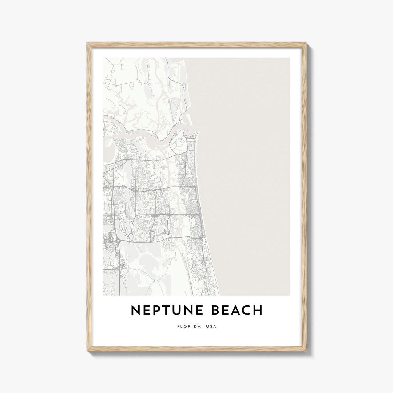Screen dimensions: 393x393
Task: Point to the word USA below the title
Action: (211, 326)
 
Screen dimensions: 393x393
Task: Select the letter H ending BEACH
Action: (258, 310)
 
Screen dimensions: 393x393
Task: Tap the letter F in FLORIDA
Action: (178, 326)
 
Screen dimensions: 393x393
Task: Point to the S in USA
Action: (211, 326)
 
